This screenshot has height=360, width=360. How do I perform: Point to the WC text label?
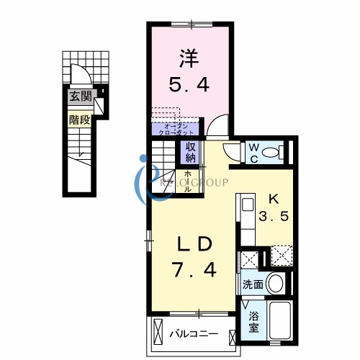click(254, 152)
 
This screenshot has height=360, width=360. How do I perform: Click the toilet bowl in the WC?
click(273, 152)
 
